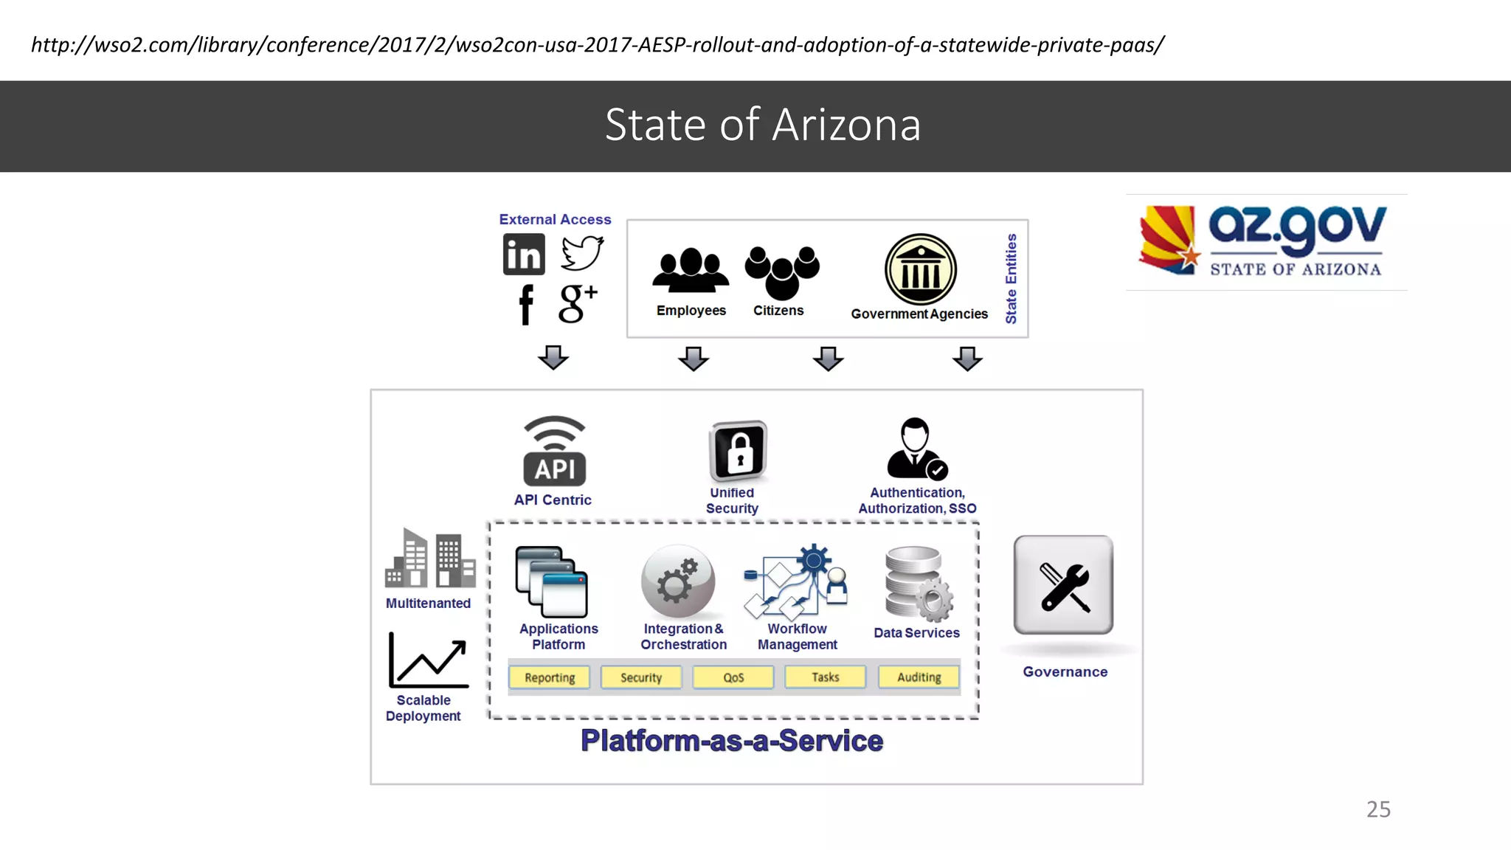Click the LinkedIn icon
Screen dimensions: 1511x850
[524, 255]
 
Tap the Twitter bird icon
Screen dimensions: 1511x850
[582, 253]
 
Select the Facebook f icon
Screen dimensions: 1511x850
[525, 304]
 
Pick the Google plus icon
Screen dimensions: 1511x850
[578, 303]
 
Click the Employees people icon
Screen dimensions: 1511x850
[691, 271]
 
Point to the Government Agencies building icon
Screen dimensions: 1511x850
[921, 269]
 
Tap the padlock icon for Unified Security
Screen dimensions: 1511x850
[738, 451]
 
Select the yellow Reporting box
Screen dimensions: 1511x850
[550, 677]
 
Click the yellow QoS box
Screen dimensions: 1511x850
[733, 677]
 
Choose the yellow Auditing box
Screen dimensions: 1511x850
[919, 677]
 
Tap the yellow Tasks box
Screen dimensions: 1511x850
[826, 677]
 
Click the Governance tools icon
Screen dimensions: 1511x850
[1064, 585]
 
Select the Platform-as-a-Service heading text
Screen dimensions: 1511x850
[732, 741]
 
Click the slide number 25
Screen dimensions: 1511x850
[1378, 809]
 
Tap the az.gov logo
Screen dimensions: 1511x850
[1266, 241]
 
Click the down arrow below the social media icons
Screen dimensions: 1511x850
[553, 357]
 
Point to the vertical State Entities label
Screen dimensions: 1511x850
[1011, 279]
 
